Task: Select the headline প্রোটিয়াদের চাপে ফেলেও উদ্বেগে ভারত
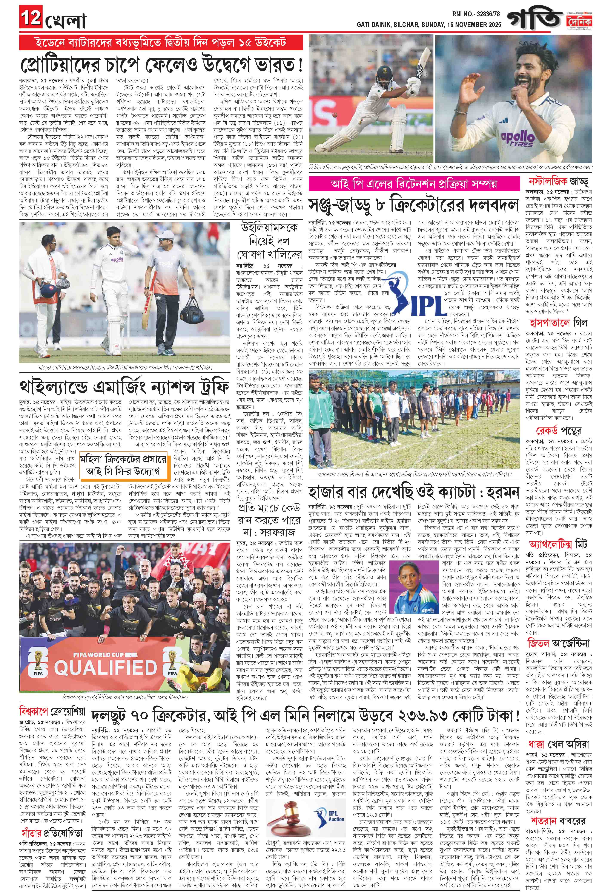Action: tap(161, 64)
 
